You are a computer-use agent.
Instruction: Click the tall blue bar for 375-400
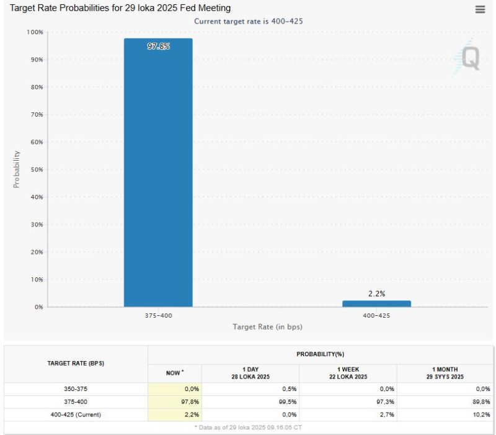158,174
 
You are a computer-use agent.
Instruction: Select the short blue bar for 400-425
376,303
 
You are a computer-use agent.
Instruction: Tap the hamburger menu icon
480,9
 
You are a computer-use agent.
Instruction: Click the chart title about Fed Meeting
120,8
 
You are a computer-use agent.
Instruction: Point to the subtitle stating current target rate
248,21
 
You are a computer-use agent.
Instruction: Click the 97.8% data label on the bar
158,47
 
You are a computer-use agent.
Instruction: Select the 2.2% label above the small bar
376,294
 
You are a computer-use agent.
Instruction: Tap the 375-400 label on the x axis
158,316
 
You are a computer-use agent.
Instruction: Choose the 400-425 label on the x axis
376,316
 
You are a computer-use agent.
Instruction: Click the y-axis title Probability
17,169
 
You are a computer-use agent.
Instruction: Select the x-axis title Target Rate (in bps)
267,326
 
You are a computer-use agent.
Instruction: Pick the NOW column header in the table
174,373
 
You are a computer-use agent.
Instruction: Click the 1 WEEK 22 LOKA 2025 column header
348,373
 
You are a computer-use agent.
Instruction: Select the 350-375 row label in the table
76,388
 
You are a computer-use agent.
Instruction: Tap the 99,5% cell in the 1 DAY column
288,401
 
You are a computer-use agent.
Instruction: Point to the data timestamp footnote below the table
248,428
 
